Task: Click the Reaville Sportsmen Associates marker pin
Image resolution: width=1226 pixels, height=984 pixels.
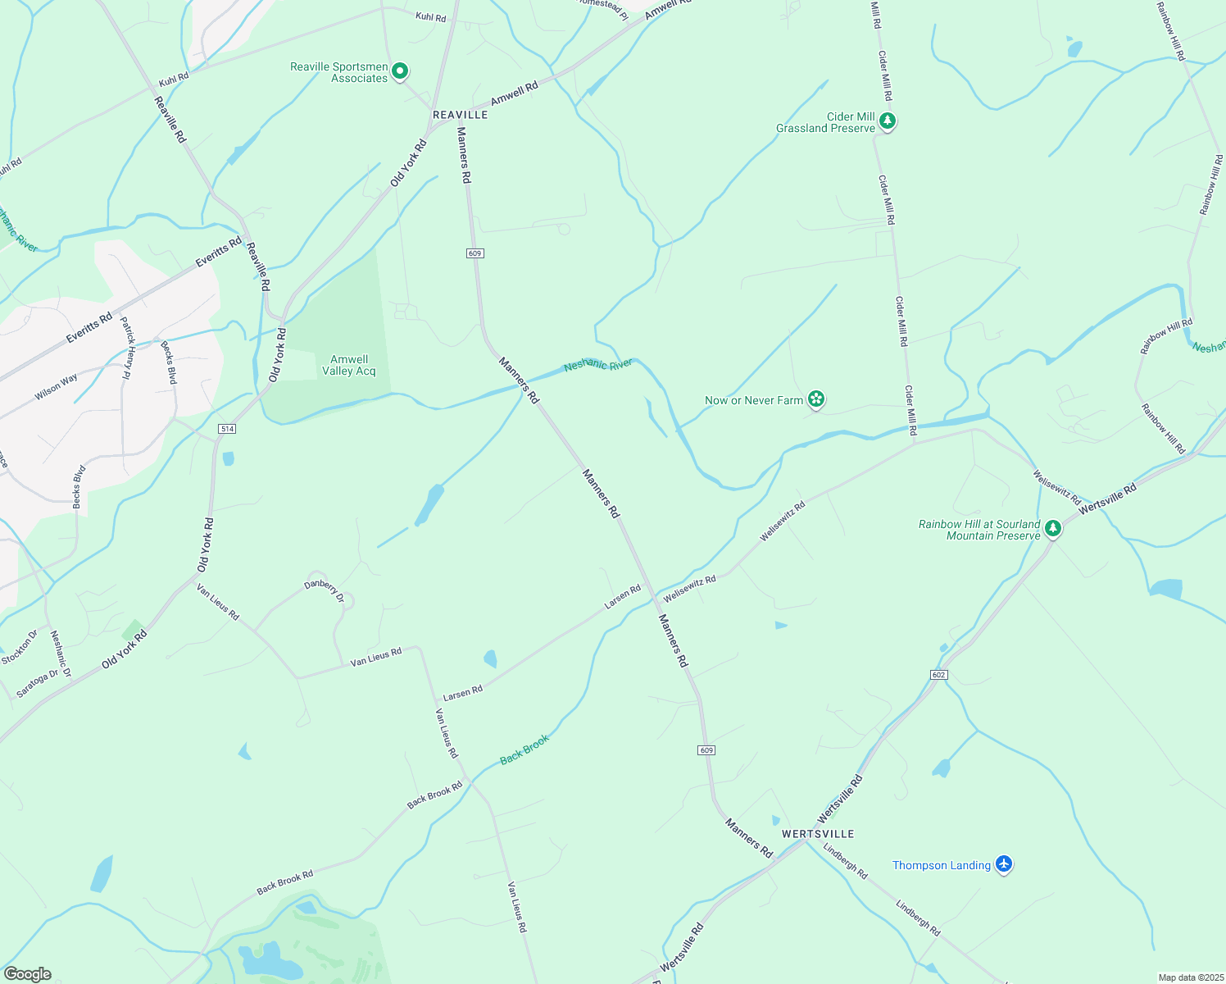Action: [x=399, y=71]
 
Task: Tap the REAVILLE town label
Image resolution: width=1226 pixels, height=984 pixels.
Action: [x=460, y=115]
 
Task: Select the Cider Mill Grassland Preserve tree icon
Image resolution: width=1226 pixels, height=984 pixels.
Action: [x=887, y=121]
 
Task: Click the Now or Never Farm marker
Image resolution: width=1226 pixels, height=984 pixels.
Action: [x=815, y=399]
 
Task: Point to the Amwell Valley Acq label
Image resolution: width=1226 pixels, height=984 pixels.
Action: [x=349, y=366]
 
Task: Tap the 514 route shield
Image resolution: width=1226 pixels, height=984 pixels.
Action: [x=227, y=429]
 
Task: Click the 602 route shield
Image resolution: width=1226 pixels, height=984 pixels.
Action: [x=939, y=675]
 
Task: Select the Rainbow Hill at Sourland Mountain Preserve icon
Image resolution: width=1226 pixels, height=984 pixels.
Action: [x=1053, y=528]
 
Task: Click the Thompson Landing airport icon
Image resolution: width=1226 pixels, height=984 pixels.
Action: [x=1004, y=864]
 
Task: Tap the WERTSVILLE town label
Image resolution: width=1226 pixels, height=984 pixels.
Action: [x=818, y=834]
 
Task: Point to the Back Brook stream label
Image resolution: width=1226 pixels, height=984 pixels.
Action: [x=524, y=749]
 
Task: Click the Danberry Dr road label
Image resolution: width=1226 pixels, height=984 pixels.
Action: [x=325, y=590]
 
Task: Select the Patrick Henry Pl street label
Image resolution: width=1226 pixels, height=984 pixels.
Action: [x=125, y=348]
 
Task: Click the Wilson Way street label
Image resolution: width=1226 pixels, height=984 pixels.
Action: [x=56, y=387]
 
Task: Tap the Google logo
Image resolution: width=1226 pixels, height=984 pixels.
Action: [x=27, y=974]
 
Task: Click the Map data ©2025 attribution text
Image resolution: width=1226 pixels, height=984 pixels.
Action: [x=1189, y=977]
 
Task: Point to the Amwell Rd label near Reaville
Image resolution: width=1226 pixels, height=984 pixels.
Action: [x=514, y=93]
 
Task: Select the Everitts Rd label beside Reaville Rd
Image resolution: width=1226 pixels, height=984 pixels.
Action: [x=219, y=252]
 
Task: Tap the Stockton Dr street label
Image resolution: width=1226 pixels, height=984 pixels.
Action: [x=20, y=647]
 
